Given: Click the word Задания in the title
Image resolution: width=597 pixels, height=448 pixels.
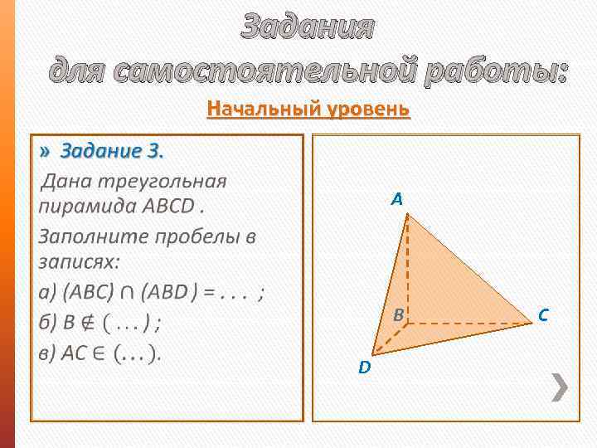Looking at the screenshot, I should coord(308,27).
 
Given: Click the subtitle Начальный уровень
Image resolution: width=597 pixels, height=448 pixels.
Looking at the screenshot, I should coord(308,109).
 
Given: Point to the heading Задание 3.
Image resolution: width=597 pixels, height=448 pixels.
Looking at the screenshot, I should coord(112,151).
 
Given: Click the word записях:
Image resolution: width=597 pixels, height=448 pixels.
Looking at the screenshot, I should coord(79,261).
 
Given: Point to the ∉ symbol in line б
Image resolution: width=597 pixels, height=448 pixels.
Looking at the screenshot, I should coord(82,321).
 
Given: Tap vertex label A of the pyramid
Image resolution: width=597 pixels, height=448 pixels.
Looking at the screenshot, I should coord(397,199).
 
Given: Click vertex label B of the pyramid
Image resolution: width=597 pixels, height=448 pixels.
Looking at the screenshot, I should coord(398,315).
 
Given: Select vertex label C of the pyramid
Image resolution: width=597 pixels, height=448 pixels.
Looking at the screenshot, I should coord(542,314).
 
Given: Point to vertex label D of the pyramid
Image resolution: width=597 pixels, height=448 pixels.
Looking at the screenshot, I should coord(364,367).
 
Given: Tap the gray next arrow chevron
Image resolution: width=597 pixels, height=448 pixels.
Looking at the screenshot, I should coord(561,387).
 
